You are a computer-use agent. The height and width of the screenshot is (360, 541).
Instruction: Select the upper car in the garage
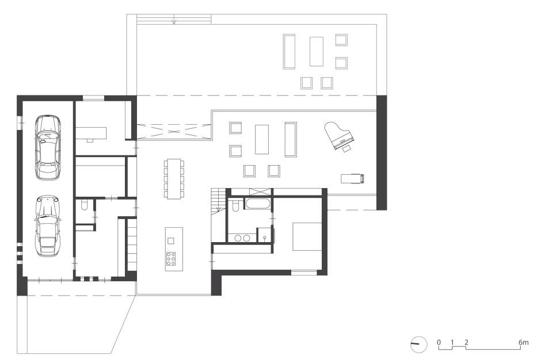tap(48, 147)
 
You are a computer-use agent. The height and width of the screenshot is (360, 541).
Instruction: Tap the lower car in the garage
tap(47, 226)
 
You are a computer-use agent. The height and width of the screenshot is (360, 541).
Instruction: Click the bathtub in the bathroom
tap(258, 203)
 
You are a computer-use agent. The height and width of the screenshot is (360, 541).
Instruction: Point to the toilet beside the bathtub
tap(236, 205)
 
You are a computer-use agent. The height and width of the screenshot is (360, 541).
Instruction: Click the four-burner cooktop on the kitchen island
tap(171, 258)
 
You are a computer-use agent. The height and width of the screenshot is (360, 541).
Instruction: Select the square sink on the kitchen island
tap(171, 241)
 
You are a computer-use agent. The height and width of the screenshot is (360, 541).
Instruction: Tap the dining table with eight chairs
tap(174, 179)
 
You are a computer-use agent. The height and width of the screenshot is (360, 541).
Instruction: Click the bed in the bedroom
tap(307, 236)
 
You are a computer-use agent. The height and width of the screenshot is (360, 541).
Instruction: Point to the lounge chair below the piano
tap(352, 179)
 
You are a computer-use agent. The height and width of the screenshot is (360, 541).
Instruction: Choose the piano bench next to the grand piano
tap(346, 148)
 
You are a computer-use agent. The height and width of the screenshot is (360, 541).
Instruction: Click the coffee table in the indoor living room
tap(262, 139)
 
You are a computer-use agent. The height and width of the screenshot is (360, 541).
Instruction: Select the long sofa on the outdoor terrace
tap(289, 51)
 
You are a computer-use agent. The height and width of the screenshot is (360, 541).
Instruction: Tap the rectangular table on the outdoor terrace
tap(317, 51)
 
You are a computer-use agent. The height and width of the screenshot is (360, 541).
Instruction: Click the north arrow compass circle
tap(418, 344)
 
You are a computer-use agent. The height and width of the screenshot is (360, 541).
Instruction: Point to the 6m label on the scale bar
tap(523, 342)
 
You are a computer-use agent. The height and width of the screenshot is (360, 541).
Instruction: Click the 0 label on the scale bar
tap(439, 342)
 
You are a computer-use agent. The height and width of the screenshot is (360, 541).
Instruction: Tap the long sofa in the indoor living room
tap(291, 139)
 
